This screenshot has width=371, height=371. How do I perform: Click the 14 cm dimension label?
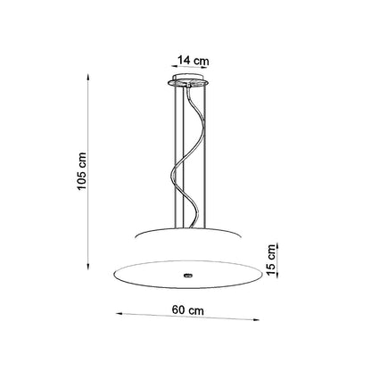click(194, 61)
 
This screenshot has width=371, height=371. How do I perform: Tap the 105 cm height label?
click(81, 171)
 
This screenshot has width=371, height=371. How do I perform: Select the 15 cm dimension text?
click(271, 260)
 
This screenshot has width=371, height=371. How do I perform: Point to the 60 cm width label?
click(188, 310)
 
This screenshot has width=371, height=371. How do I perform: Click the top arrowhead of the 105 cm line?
click(88, 77)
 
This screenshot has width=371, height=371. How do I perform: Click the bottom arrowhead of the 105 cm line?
click(88, 267)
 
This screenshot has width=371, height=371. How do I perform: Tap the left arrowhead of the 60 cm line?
click(120, 313)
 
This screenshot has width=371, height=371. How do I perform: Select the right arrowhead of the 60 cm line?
click(256, 320)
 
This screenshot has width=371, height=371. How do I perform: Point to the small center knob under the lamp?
click(187, 276)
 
